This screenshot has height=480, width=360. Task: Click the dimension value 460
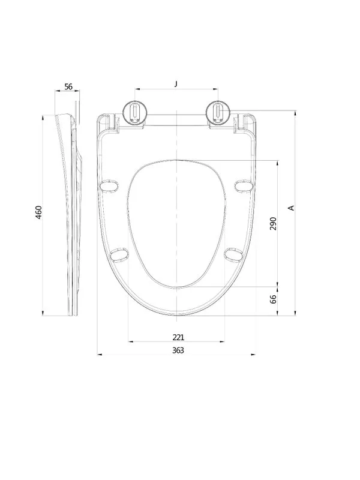point(38,212)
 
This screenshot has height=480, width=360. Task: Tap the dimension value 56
point(68,86)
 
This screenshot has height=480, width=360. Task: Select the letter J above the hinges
point(176,83)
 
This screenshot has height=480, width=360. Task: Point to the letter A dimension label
point(292,208)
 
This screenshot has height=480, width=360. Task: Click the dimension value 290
point(273,223)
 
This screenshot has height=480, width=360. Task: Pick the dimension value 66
point(274,299)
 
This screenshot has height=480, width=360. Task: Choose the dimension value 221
point(178,337)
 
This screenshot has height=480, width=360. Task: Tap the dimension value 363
point(178,350)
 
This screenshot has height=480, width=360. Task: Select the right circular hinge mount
point(218,113)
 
